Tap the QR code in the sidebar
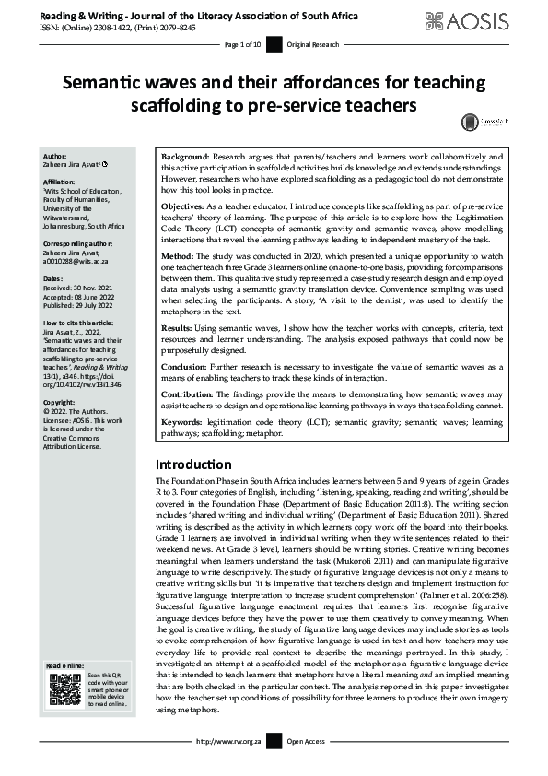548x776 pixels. click(64, 690)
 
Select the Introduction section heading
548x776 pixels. click(192, 464)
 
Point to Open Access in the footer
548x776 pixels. click(307, 767)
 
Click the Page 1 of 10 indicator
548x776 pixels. click(243, 44)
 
